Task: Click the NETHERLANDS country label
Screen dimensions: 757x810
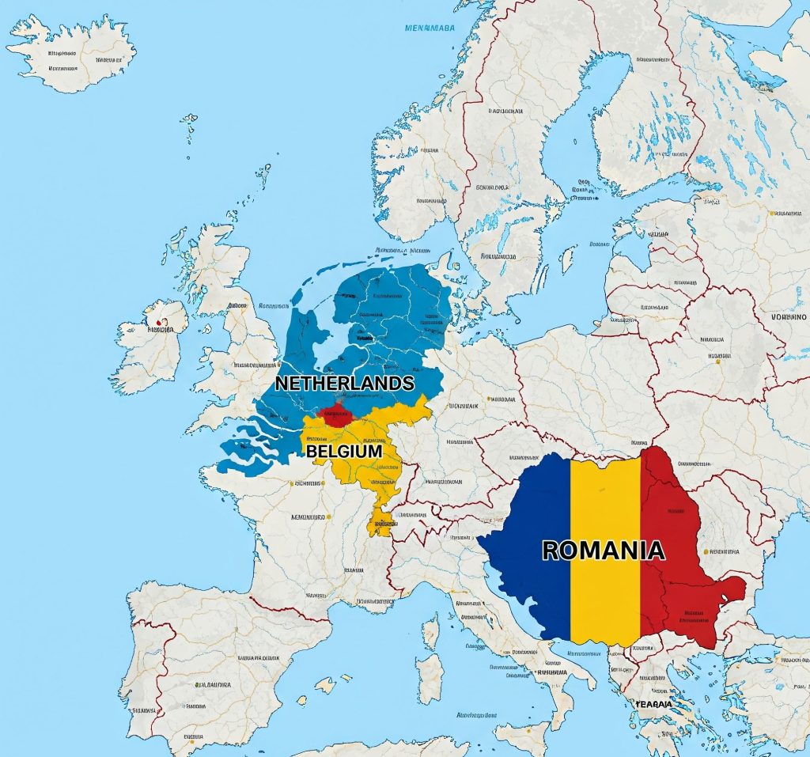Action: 344,383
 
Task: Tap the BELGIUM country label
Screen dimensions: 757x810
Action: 344,451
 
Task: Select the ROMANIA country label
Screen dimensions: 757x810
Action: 603,550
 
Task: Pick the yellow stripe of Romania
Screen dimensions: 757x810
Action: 605,506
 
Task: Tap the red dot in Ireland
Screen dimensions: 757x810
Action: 161,323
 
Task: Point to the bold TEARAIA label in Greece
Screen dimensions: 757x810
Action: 653,703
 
